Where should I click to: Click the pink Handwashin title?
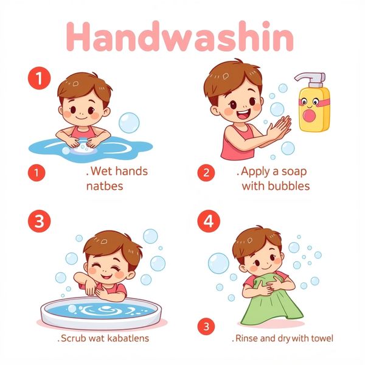pos(179,36)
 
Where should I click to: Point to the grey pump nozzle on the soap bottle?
pos(310,78)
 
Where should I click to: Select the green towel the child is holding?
pos(271,301)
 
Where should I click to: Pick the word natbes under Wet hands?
pos(105,186)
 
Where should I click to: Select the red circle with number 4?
pos(209,221)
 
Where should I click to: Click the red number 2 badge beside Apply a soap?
pos(206,173)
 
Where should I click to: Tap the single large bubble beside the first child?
pos(129,123)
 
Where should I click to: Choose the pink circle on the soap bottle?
pos(309,116)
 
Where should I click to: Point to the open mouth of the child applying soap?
pos(243,114)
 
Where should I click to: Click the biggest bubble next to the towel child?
pos(218,263)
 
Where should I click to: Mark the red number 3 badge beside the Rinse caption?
pos(206,326)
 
